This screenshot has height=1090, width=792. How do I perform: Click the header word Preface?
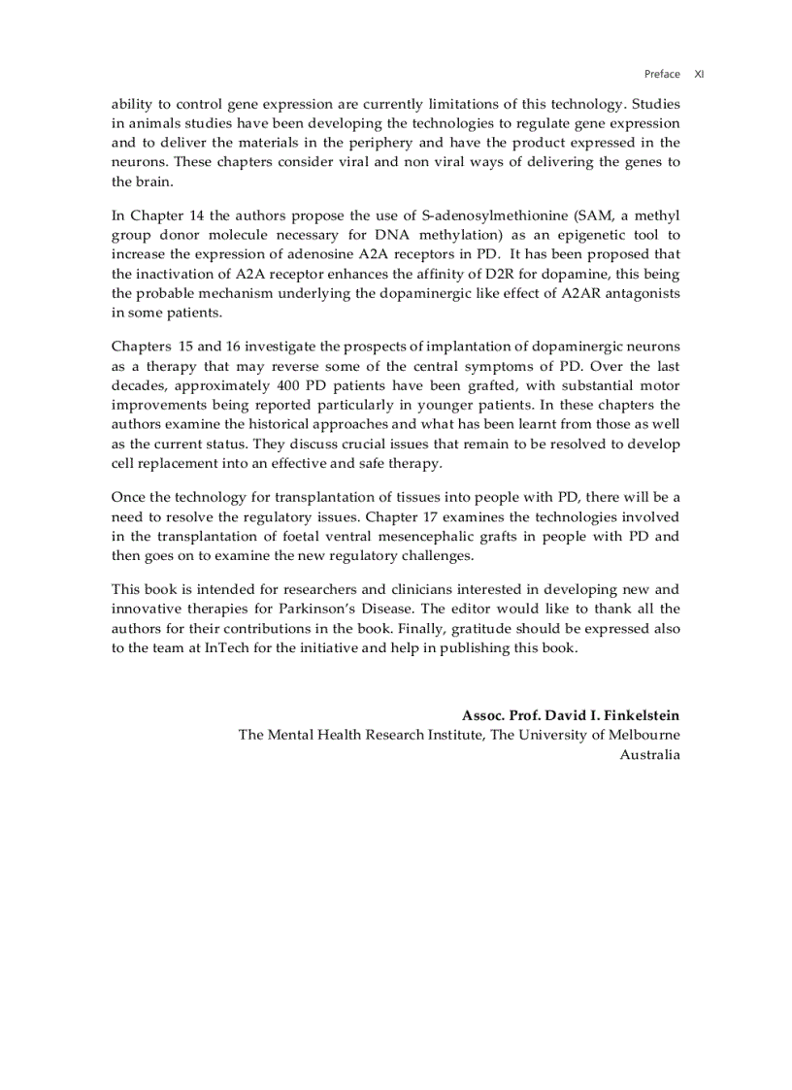pyautogui.click(x=662, y=74)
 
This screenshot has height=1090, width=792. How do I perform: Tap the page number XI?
pyautogui.click(x=699, y=74)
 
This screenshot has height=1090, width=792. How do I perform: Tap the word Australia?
pyautogui.click(x=649, y=754)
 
